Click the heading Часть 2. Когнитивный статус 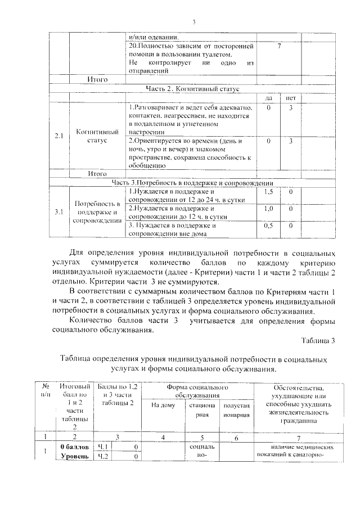(x=192, y=88)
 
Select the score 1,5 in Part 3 (x=269, y=192)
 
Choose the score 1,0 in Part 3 (x=269, y=208)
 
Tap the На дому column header (x=164, y=406)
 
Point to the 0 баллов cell (x=74, y=447)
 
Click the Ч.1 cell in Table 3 (x=103, y=447)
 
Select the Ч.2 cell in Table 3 (x=103, y=456)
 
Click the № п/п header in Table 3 (x=46, y=391)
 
